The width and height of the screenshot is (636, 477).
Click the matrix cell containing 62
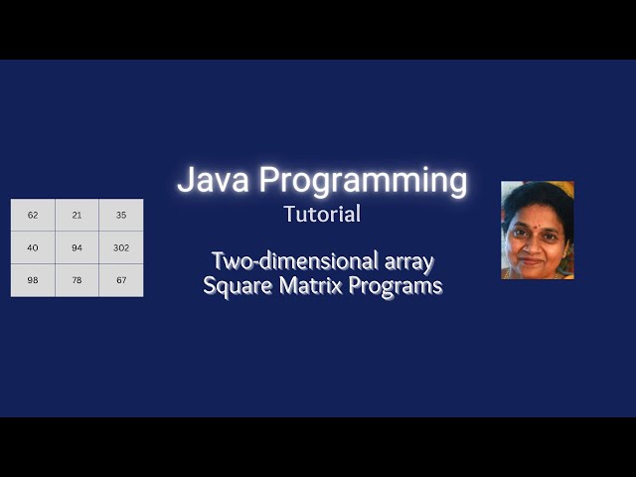pyautogui.click(x=33, y=216)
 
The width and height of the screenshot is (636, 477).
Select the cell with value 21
pyautogui.click(x=78, y=216)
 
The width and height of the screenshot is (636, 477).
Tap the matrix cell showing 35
pyautogui.click(x=121, y=216)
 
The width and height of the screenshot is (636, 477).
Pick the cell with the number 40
pyautogui.click(x=33, y=247)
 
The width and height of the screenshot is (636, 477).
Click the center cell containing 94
pyautogui.click(x=78, y=247)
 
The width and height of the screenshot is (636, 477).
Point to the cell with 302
pyautogui.click(x=121, y=247)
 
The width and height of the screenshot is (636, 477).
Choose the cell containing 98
pyautogui.click(x=33, y=280)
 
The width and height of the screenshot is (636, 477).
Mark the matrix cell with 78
pyautogui.click(x=78, y=280)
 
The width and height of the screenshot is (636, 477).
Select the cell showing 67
pyautogui.click(x=121, y=280)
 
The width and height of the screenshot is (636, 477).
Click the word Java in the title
pyautogui.click(x=214, y=181)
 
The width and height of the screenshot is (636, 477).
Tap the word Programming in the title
pyautogui.click(x=363, y=182)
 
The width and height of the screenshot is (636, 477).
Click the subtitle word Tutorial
pyautogui.click(x=322, y=214)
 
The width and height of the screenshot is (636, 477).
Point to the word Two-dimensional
pyautogui.click(x=295, y=261)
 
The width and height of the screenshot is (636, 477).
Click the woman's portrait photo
pyautogui.click(x=538, y=230)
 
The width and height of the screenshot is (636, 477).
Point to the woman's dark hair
pyautogui.click(x=537, y=194)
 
